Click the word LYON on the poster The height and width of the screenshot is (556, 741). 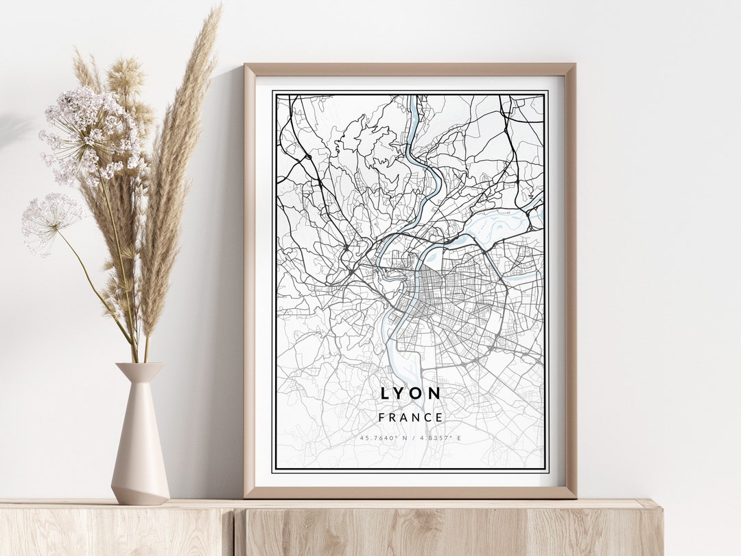411,393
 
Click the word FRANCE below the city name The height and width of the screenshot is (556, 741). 411,417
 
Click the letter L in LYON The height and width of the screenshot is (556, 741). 386,393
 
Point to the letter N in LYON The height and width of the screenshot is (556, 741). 435,393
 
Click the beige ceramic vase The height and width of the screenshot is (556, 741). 140,446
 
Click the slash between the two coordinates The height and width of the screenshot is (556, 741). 412,438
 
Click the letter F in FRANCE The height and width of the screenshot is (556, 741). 381,417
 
